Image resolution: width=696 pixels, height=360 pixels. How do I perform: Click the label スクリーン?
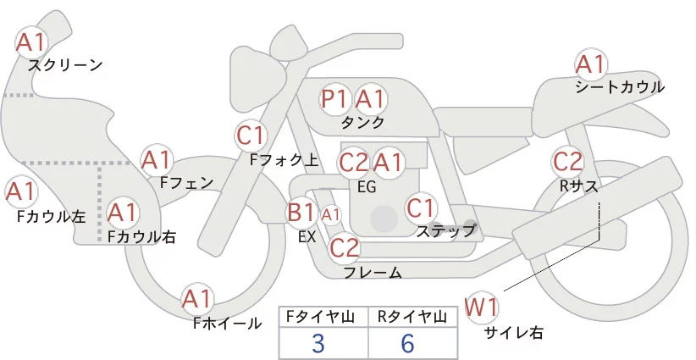pyautogui.click(x=65, y=65)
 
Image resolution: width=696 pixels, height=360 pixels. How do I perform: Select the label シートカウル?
pyautogui.click(x=620, y=87)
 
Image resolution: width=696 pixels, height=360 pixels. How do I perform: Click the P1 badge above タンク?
pyautogui.click(x=335, y=99)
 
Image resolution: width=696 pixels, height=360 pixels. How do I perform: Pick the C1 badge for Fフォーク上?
pyautogui.click(x=251, y=134)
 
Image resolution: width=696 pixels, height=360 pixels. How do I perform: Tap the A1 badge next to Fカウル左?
pyautogui.click(x=20, y=191)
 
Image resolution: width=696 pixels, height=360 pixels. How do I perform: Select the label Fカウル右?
pyautogui.click(x=141, y=237)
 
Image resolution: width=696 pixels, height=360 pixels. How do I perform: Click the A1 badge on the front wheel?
pyautogui.click(x=198, y=299)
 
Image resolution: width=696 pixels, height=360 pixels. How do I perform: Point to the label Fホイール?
pyautogui.click(x=228, y=322)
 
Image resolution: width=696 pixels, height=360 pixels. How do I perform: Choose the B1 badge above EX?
pyautogui.click(x=301, y=211)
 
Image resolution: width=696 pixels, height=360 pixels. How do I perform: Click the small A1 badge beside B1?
pyautogui.click(x=331, y=214)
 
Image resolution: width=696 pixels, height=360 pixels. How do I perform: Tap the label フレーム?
pyautogui.click(x=373, y=272)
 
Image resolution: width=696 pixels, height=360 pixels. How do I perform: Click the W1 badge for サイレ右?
pyautogui.click(x=483, y=307)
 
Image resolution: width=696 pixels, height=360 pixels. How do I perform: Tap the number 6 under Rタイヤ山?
pyautogui.click(x=410, y=343)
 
